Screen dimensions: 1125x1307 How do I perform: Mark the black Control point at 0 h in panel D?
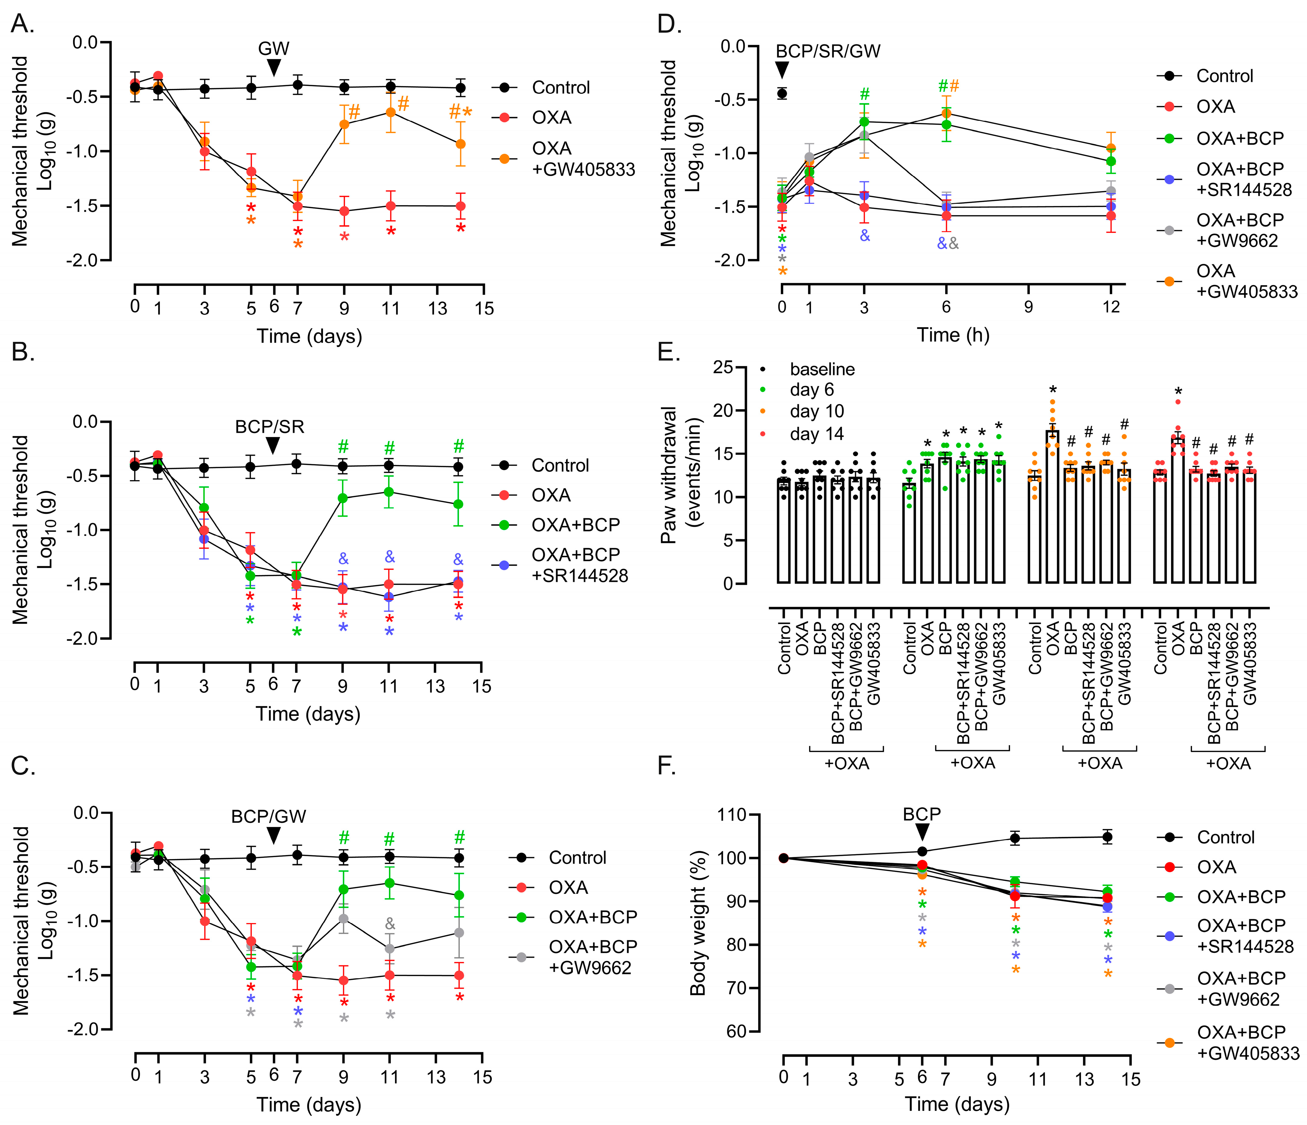[x=782, y=93]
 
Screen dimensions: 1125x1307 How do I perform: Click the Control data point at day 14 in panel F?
[x=1107, y=837]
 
